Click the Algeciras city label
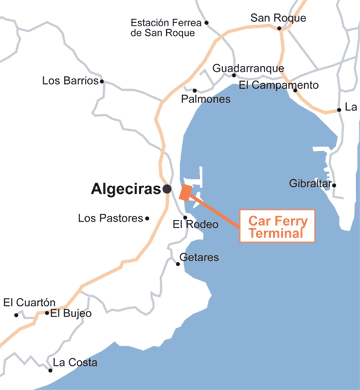pos(126,187)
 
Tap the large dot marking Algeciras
pos(168,188)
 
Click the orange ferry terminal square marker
pos(185,193)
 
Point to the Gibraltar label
pos(309,184)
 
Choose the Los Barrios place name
pos(69,80)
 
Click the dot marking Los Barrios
pos(102,81)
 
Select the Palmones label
pos(205,99)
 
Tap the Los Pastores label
pos(110,217)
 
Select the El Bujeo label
pos(70,313)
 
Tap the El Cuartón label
pos(29,301)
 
